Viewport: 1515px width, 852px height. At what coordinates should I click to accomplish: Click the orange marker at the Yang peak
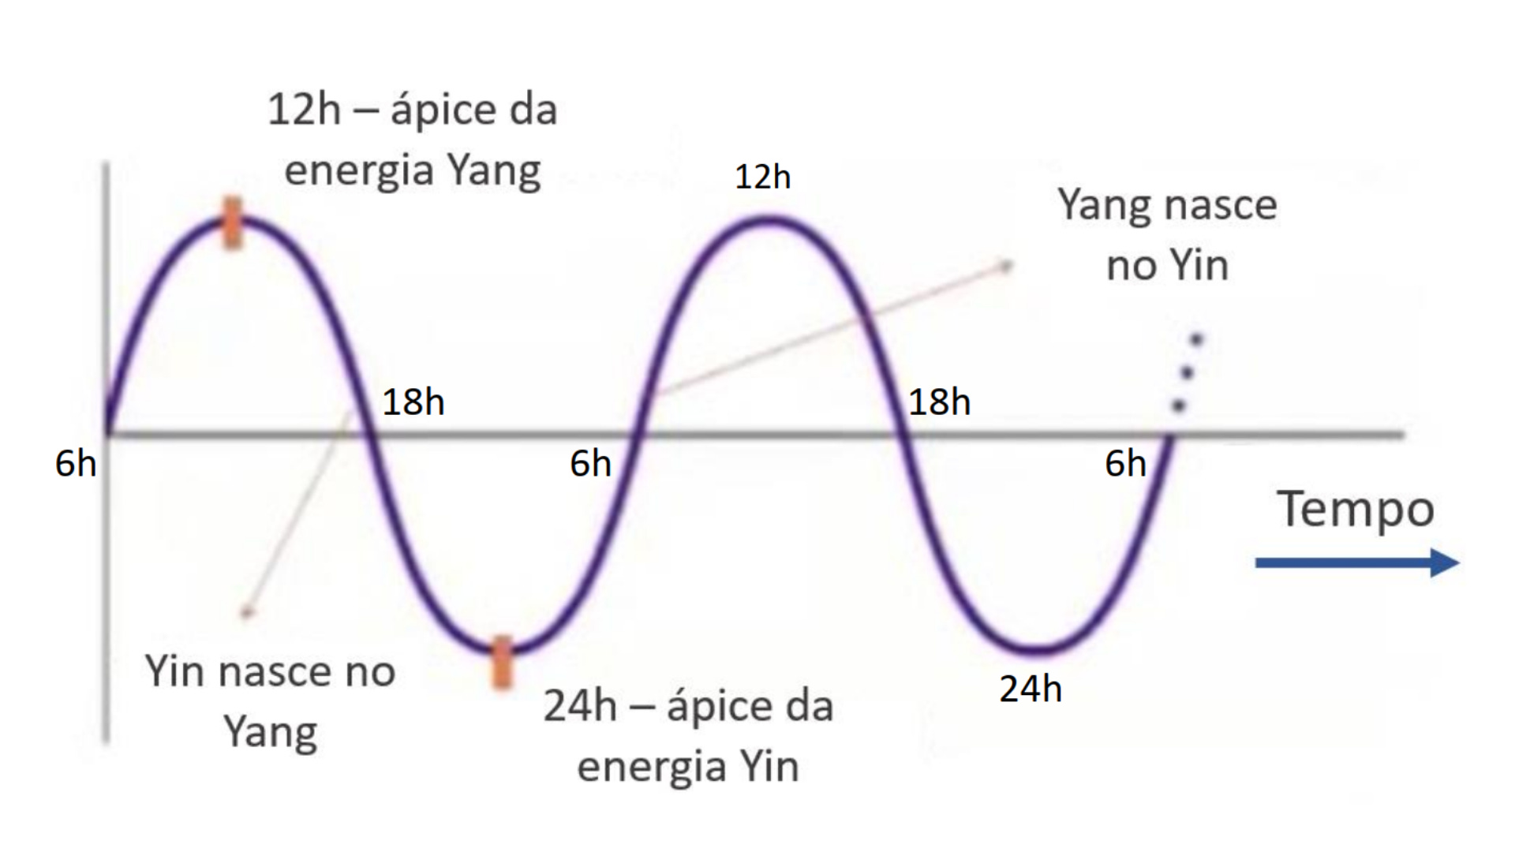[232, 223]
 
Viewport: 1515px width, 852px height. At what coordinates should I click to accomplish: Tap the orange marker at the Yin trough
[502, 662]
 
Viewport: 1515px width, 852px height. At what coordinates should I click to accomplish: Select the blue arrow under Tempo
[1356, 563]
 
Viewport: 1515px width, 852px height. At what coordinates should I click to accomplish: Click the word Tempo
[1355, 509]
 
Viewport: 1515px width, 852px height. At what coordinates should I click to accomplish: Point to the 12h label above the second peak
[762, 177]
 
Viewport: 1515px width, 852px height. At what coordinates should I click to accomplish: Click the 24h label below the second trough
[1031, 689]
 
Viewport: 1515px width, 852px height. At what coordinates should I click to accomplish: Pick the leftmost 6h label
[76, 463]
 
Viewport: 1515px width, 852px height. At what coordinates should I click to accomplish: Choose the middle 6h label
[590, 463]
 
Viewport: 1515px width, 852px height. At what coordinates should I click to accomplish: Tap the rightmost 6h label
[1125, 463]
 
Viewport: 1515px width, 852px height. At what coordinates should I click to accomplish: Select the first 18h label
[413, 402]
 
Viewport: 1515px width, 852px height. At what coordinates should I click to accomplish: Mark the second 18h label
[939, 402]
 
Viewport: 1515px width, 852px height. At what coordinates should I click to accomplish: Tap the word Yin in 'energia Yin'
[769, 766]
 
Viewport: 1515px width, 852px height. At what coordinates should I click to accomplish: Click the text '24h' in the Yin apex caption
[580, 705]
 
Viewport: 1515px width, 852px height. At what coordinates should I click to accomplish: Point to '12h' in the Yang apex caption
[304, 109]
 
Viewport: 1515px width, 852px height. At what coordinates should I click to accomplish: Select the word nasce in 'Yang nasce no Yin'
[1221, 205]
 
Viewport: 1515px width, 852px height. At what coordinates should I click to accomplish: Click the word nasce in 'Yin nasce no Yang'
[274, 672]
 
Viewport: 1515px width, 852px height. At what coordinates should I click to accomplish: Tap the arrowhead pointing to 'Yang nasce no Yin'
[1007, 266]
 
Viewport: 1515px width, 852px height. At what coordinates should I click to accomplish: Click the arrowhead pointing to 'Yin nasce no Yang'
[247, 612]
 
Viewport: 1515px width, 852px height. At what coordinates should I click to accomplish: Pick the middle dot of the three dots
[1188, 372]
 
